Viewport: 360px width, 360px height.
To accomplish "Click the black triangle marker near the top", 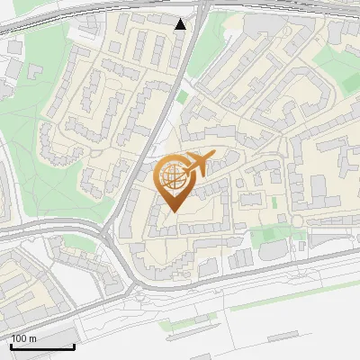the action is point(181,24).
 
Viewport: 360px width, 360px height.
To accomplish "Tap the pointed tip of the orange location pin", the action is point(173,211).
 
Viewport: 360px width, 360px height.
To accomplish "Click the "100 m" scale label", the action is point(23,338).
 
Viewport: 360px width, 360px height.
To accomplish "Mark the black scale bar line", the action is point(41,346).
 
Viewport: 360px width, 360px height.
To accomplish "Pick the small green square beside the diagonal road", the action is point(183,96).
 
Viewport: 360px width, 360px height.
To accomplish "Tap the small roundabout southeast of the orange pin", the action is point(297,221).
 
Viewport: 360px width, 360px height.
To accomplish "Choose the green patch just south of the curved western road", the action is point(72,243).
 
